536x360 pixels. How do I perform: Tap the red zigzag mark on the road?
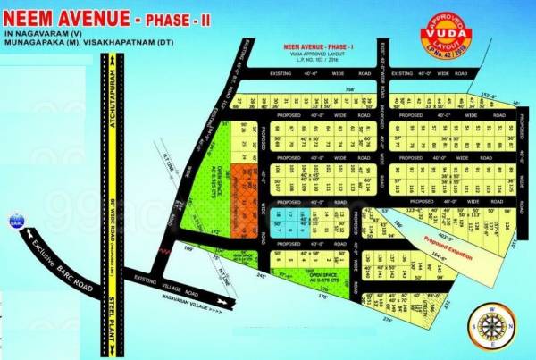coord(164,254)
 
